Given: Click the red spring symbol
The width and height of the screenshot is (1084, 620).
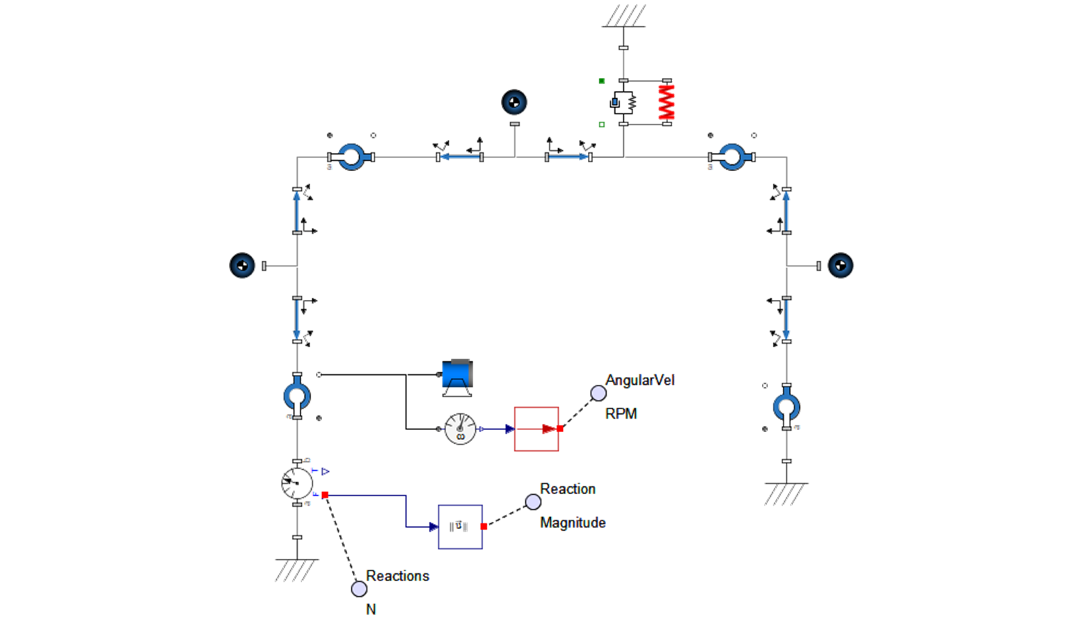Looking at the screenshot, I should [667, 102].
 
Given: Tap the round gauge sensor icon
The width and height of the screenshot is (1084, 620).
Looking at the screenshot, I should [460, 429].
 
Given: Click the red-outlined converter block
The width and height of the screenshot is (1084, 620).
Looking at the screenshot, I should [536, 429].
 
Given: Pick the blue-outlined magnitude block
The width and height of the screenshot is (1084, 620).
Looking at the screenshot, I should [460, 527].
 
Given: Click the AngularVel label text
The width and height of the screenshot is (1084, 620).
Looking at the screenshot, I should [640, 380].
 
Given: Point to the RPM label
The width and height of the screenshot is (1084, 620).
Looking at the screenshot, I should [621, 413].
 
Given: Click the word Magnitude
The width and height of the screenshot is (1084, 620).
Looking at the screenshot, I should [573, 523].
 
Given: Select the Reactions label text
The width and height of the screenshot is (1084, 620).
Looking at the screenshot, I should [397, 575].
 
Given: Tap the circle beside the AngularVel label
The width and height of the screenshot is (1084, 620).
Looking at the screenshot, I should [598, 393].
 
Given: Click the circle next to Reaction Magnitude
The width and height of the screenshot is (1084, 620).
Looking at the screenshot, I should [533, 502].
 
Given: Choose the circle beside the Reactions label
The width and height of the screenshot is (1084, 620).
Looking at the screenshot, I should [359, 589].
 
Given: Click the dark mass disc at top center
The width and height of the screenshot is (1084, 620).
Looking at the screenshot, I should [514, 102].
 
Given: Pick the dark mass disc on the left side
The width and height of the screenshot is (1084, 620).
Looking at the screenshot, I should [242, 265].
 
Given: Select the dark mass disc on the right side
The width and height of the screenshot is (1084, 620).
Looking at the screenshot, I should [840, 265].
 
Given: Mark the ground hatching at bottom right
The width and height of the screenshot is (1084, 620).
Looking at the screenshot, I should [786, 494].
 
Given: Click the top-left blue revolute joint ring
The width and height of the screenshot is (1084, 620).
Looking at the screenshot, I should [351, 157].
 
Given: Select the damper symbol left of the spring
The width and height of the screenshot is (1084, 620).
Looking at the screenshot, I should [623, 103].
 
